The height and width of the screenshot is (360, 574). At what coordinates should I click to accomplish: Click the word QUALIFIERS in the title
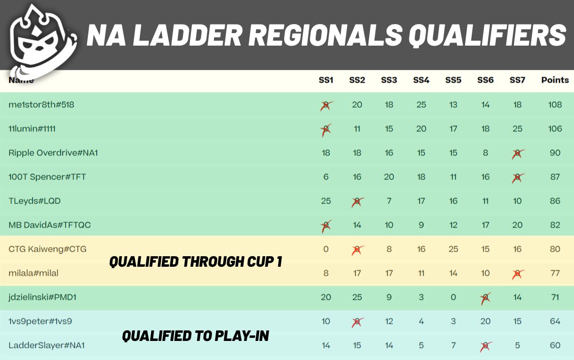pyautogui.click(x=487, y=36)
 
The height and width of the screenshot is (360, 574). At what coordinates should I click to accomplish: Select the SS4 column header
pyautogui.click(x=421, y=80)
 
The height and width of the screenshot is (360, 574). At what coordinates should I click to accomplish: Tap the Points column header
pyautogui.click(x=555, y=80)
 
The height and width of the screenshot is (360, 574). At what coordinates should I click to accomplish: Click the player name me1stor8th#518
pyautogui.click(x=42, y=105)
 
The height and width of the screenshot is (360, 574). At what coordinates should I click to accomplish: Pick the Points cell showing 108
pyautogui.click(x=555, y=105)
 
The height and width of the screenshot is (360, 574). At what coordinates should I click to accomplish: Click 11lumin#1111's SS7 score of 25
pyautogui.click(x=517, y=129)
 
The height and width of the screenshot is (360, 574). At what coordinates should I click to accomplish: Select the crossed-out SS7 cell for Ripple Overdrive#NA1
pyautogui.click(x=517, y=153)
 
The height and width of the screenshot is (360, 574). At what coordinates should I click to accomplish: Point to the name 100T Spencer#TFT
pyautogui.click(x=47, y=177)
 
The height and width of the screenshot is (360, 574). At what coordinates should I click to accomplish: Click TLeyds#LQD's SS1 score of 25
pyautogui.click(x=326, y=201)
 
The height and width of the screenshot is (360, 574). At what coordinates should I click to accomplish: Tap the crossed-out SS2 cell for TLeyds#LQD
pyautogui.click(x=357, y=201)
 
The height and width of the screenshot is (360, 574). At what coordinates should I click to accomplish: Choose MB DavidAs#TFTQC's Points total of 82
pyautogui.click(x=555, y=225)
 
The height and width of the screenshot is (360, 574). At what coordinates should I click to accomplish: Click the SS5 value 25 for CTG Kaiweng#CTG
pyautogui.click(x=453, y=249)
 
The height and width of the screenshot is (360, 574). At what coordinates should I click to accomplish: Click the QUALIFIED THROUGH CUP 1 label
pyautogui.click(x=196, y=261)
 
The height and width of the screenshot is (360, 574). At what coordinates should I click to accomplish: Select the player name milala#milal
pyautogui.click(x=34, y=273)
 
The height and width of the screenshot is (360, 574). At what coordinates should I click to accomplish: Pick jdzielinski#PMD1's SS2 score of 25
pyautogui.click(x=357, y=297)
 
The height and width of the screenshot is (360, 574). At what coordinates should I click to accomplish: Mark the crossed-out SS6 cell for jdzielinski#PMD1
pyautogui.click(x=485, y=297)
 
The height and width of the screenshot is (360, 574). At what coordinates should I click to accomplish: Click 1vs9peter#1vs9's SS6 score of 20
pyautogui.click(x=485, y=321)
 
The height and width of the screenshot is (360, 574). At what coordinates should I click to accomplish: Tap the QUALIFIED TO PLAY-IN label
pyautogui.click(x=196, y=335)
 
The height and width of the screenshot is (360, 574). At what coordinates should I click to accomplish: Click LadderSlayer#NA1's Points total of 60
pyautogui.click(x=555, y=345)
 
